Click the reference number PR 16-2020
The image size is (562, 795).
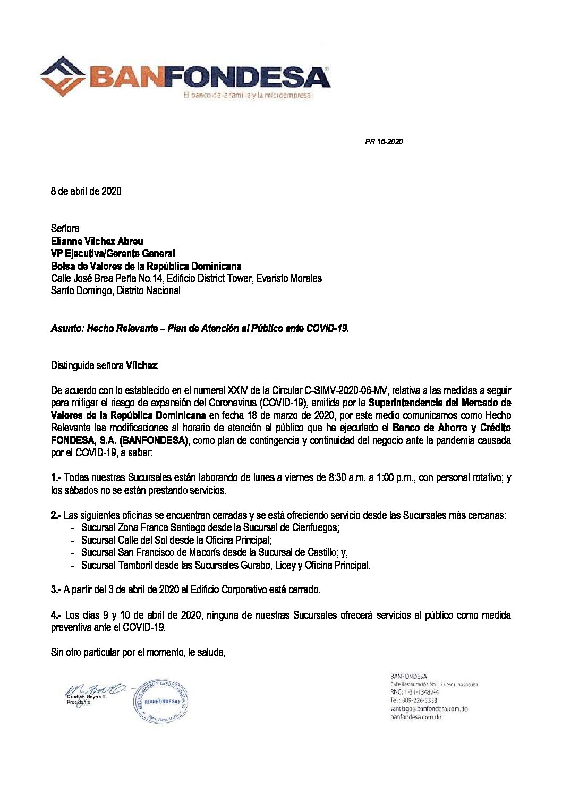pos(384,142)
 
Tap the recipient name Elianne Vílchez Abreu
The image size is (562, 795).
pos(97,241)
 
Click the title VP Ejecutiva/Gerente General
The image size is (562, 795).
pos(113,254)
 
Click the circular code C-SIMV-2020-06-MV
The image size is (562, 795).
pos(342,390)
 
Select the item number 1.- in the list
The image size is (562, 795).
pos(56,478)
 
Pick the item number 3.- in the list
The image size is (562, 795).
pos(56,590)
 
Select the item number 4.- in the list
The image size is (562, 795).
pos(56,616)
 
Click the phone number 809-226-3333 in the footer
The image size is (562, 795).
pos(418,700)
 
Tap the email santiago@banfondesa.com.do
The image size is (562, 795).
pos(429,709)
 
